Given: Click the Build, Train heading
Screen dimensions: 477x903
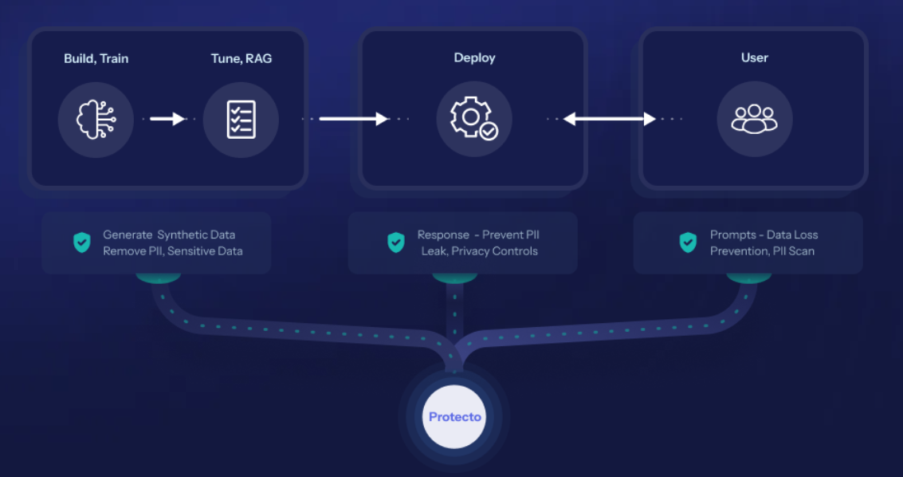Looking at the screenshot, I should [96, 58].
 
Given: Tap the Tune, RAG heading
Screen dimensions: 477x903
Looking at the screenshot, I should [241, 58].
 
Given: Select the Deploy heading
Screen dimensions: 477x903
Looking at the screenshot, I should [474, 57].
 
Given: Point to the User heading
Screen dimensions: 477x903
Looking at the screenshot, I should [754, 57].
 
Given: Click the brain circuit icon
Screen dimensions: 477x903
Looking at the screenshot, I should [96, 120].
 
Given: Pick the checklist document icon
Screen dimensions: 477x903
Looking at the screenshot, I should [241, 120].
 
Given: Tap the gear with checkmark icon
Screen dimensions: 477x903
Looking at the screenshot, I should [473, 120].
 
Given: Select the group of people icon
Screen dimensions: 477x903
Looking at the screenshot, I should [754, 120].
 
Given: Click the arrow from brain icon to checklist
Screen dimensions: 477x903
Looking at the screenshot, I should [167, 120].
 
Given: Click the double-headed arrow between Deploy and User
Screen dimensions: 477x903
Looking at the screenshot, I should [610, 120].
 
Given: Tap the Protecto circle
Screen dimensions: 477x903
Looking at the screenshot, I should [454, 417].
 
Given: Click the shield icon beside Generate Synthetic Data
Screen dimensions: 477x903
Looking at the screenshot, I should [82, 242].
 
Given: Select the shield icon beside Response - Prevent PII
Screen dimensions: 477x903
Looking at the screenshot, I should [396, 242].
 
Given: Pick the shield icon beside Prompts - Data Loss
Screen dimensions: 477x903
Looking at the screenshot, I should [688, 242].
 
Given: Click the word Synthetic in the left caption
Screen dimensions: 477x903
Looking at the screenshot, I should [185, 235].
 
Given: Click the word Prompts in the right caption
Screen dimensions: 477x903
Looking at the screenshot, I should [733, 235].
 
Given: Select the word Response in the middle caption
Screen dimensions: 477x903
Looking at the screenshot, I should [443, 235].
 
